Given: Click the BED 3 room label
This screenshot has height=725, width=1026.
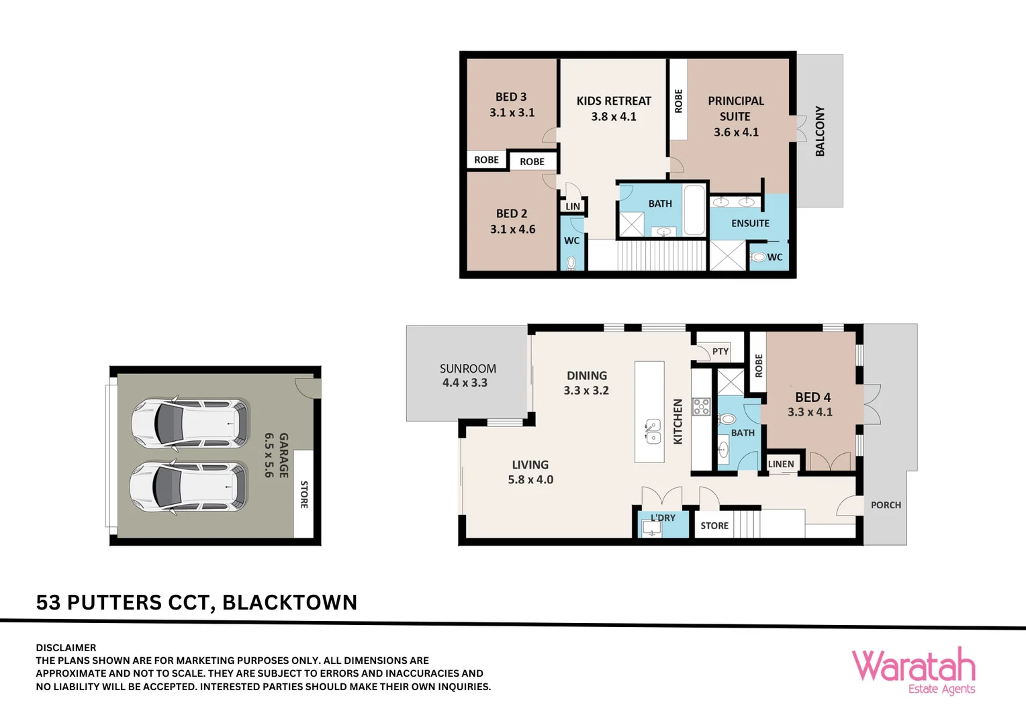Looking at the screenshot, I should (511, 97).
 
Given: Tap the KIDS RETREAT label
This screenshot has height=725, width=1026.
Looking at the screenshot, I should (614, 101).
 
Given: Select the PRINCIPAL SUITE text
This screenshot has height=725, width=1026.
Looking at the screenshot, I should (735, 109).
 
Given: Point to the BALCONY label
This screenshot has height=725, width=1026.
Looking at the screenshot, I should (820, 131).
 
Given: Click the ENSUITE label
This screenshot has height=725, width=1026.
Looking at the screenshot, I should (750, 224).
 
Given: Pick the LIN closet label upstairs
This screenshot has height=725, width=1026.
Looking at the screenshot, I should (573, 206).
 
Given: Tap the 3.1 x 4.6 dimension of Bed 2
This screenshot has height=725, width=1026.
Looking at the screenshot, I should (512, 230).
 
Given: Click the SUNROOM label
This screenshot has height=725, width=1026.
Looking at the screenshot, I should (468, 369).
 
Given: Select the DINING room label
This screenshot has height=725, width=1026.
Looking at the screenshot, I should (586, 376).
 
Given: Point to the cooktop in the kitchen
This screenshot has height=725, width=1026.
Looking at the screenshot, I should (702, 407).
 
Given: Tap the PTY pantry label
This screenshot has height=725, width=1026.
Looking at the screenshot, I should (720, 351).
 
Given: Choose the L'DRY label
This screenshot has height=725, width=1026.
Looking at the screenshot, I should (663, 518).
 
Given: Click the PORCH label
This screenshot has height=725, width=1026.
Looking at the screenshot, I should (886, 505).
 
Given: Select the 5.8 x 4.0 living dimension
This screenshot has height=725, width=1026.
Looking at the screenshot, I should (530, 479).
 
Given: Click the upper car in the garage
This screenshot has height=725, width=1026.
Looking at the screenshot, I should (189, 424).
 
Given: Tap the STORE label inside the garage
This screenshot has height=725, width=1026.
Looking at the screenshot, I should (304, 494).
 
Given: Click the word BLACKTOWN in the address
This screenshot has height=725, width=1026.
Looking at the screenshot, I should (289, 602).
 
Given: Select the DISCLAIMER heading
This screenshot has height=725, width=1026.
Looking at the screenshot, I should (66, 648).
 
